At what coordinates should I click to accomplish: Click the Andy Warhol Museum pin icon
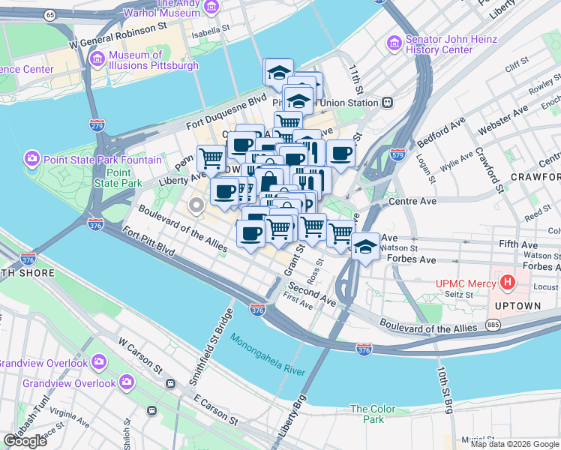(211, 7)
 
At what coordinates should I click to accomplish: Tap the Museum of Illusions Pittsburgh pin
(97, 58)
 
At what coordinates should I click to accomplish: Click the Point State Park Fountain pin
(32, 159)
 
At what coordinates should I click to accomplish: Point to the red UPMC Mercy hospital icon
(508, 283)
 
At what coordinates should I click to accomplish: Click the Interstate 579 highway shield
(397, 154)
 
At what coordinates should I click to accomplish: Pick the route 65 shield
(49, 15)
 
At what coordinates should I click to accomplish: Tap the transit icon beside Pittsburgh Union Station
(388, 103)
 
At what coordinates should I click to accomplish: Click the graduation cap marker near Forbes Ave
(365, 245)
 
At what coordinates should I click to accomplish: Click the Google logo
(25, 441)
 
